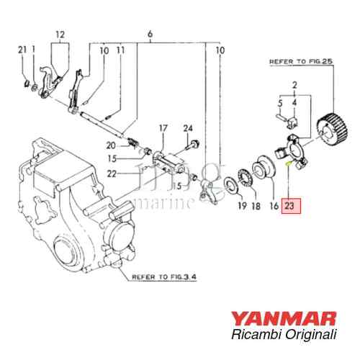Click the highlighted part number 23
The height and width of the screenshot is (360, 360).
pyautogui.click(x=290, y=206)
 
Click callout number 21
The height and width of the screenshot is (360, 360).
pyautogui.click(x=22, y=49)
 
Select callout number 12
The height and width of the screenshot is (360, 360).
pyautogui.click(x=60, y=35)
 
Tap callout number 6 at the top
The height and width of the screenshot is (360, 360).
pyautogui.click(x=150, y=35)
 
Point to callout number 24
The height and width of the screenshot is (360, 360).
pyautogui.click(x=189, y=129)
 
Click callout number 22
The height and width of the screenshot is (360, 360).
pyautogui.click(x=111, y=173)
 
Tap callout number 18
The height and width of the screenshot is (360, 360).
pyautogui.click(x=254, y=206)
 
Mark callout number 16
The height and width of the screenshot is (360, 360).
pyautogui.click(x=274, y=206)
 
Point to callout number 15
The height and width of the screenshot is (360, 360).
pyautogui.click(x=111, y=158)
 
